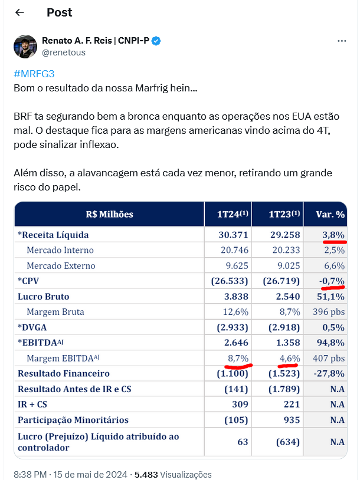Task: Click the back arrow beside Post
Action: coord(19,12)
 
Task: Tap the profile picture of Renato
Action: coord(25,47)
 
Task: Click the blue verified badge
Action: coord(156,41)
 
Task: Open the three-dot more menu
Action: coord(342,41)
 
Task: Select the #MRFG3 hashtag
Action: coord(34,74)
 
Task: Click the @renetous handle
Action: coord(64,52)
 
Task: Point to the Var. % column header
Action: coord(330,214)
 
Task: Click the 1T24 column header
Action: coord(233,213)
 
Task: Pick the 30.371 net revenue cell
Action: coord(233,235)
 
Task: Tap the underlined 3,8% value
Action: coord(333,235)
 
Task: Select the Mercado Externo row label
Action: coord(61,266)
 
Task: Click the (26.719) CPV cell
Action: coord(282,281)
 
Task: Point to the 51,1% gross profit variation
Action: coord(330,297)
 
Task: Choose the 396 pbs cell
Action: coord(329,312)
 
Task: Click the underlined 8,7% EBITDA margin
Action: coord(238,358)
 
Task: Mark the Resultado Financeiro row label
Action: coord(64,373)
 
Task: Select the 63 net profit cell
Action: coord(243,442)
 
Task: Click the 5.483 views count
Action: coord(146,475)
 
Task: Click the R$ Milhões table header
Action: coord(109,214)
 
